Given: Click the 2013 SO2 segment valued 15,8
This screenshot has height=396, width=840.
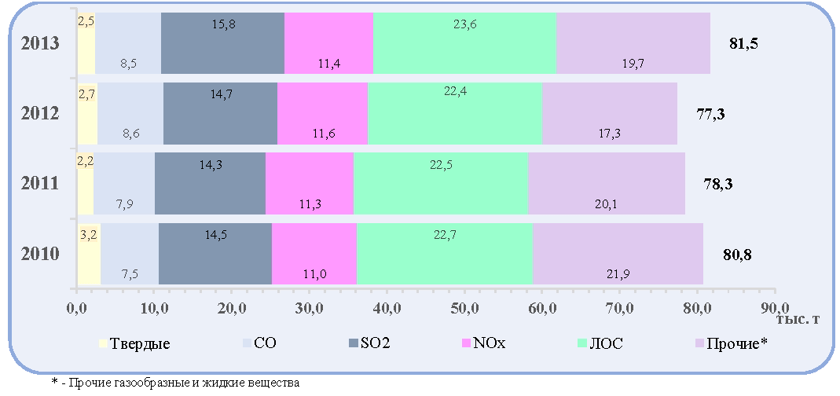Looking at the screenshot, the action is [x=222, y=43].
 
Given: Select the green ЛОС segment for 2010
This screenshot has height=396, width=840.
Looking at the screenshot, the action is [x=445, y=254].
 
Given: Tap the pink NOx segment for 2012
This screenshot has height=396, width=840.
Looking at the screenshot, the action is [x=322, y=113].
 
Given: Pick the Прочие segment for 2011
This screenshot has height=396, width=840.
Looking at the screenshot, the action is [x=607, y=183].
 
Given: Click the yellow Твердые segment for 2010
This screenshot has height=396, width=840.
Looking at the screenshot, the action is [x=89, y=254].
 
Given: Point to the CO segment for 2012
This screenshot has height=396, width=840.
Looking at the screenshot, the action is [x=130, y=113].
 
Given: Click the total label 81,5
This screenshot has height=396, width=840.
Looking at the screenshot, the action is [x=743, y=44].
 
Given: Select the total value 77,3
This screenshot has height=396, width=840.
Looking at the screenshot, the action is [x=710, y=114].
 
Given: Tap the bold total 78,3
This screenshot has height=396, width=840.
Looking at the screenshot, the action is [x=718, y=184].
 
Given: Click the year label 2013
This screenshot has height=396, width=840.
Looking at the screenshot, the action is [x=39, y=44].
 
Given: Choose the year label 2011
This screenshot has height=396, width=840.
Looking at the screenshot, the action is [x=39, y=184].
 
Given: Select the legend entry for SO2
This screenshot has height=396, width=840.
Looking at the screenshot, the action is [x=369, y=343].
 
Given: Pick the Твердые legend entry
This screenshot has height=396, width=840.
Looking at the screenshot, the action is [x=135, y=343].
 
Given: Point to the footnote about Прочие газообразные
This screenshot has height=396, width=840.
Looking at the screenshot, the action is [x=175, y=383].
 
